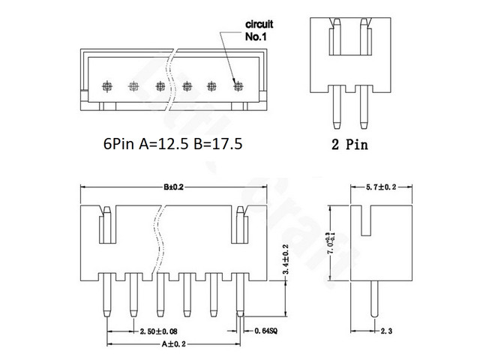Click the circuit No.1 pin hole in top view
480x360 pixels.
238,85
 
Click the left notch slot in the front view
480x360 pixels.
106,224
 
